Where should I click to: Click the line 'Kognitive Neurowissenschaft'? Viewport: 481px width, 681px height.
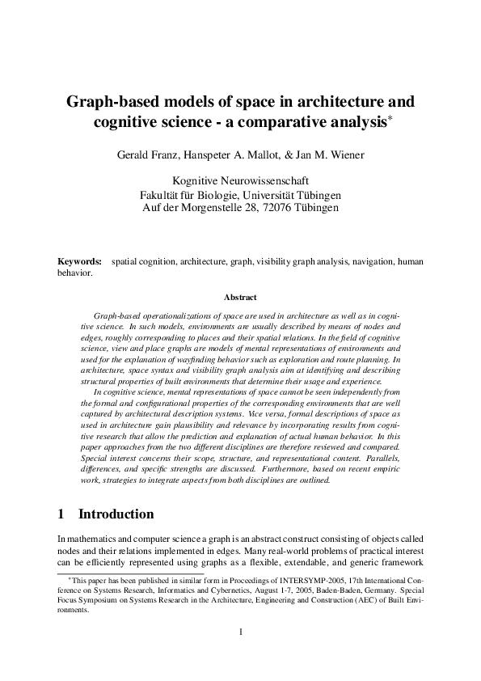pos(240,182)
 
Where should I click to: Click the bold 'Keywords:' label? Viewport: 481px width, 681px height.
pos(79,262)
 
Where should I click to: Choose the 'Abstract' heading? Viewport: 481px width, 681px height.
pos(240,298)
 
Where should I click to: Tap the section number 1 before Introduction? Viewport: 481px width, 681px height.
pos(62,514)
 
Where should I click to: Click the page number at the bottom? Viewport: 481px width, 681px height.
pos(240,632)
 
